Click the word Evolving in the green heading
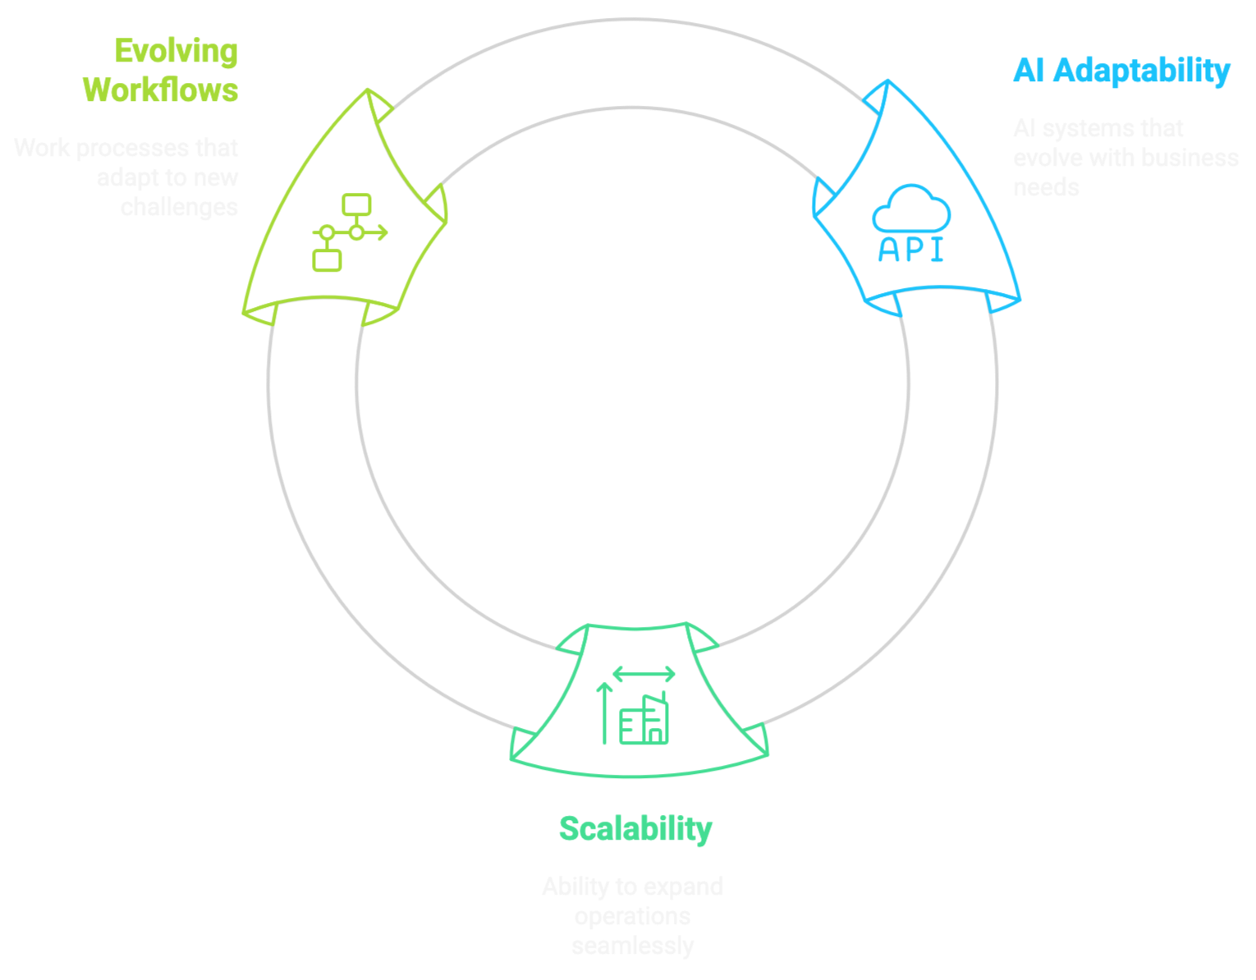(176, 52)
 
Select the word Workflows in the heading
(161, 90)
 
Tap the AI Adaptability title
(1121, 71)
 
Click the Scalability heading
(635, 829)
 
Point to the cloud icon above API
(911, 208)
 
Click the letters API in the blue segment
(911, 250)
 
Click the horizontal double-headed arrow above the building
(644, 675)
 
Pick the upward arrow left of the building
(605, 712)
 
